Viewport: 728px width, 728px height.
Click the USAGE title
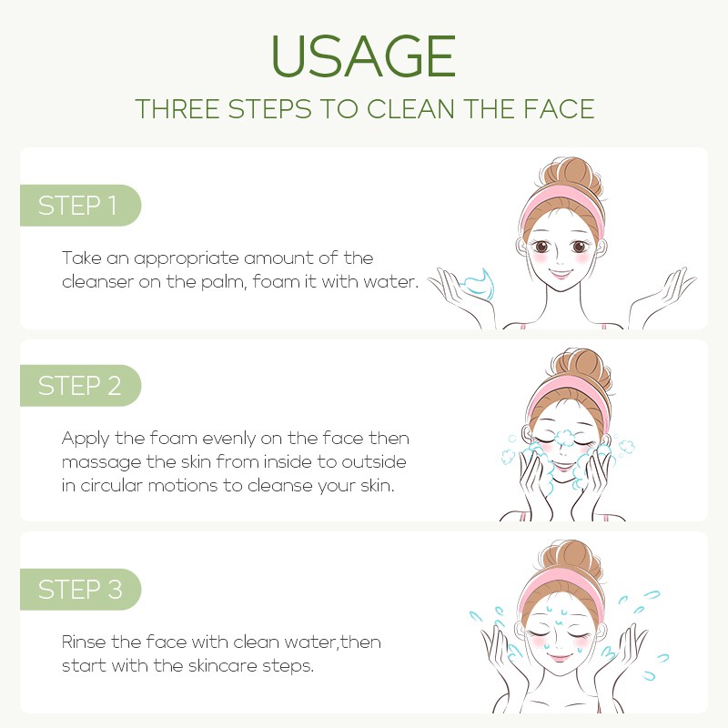pos(363,56)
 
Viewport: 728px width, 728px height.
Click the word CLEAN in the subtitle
pos(410,109)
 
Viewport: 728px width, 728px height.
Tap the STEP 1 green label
pos(80,206)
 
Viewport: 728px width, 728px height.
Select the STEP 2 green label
pos(80,385)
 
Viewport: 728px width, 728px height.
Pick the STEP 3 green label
pos(80,589)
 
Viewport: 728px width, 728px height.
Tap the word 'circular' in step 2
pos(111,486)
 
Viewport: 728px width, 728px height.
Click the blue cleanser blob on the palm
pos(480,282)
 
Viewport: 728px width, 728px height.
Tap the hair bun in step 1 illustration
pos(575,176)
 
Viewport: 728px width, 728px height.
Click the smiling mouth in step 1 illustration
pos(560,273)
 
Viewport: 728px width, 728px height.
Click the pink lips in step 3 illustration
pos(560,656)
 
